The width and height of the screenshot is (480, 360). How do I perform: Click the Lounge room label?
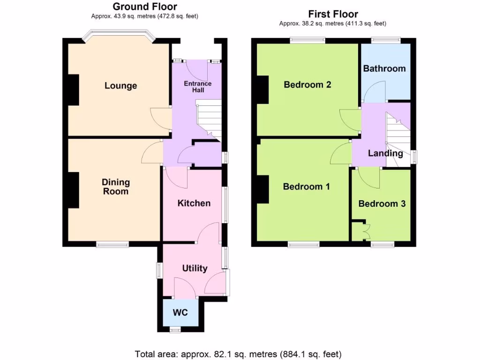[120, 86]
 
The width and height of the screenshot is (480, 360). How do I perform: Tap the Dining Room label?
[116, 187]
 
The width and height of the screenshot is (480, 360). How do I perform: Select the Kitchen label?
[194, 203]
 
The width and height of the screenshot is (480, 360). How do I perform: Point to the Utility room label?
[195, 268]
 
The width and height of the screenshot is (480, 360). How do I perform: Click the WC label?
[180, 312]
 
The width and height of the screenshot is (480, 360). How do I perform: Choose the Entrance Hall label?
[197, 86]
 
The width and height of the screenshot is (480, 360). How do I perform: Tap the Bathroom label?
[384, 68]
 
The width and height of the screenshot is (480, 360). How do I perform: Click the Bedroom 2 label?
[307, 85]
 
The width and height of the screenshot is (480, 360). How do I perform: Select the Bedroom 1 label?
[307, 187]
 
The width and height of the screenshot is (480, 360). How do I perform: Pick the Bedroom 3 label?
[382, 204]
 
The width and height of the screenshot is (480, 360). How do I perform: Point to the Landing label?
[385, 153]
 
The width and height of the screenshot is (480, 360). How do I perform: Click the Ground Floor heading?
[145, 7]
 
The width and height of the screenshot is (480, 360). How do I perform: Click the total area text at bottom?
[238, 353]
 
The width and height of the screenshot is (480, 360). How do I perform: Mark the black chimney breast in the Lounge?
[73, 90]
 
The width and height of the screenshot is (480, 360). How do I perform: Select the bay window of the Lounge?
[119, 37]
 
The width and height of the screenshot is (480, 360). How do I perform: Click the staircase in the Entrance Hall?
[208, 120]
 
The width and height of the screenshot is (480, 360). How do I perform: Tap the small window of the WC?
[175, 330]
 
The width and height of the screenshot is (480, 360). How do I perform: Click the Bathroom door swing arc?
[374, 91]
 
